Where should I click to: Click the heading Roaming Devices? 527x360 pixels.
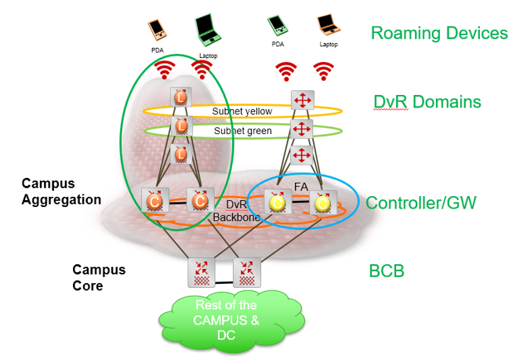click(439, 33)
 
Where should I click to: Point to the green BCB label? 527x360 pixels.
click(386, 271)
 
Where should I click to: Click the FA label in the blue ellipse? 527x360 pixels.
click(301, 188)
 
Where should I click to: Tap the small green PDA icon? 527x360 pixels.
click(277, 26)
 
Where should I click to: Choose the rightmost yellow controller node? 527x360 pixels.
click(322, 202)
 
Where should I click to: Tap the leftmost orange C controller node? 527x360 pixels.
click(152, 202)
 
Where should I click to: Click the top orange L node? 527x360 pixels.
click(181, 98)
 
